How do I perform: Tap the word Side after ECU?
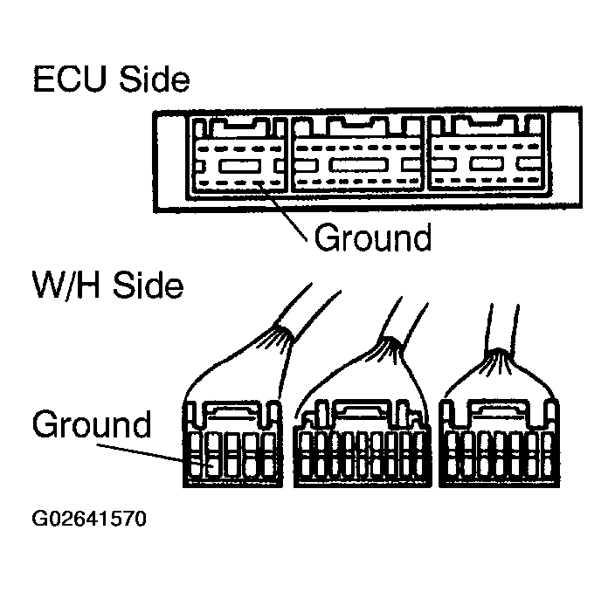pos(154,79)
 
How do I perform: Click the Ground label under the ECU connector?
pos(373,237)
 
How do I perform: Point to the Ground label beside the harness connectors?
pos(91,425)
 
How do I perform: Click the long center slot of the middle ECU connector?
pos(360,164)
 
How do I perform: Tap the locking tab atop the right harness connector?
pos(497,409)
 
